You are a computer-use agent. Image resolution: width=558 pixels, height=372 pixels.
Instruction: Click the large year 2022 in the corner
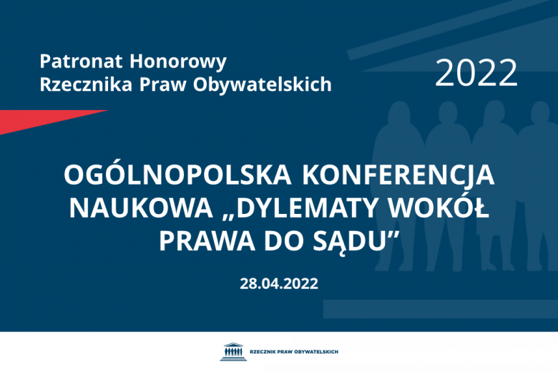click(x=476, y=72)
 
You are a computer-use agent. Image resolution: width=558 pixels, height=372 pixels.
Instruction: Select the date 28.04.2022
click(x=279, y=283)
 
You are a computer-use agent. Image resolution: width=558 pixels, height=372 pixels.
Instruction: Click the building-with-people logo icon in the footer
click(x=232, y=351)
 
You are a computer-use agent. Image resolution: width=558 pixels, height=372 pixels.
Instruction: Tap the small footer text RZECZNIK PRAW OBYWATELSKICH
click(x=293, y=352)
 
